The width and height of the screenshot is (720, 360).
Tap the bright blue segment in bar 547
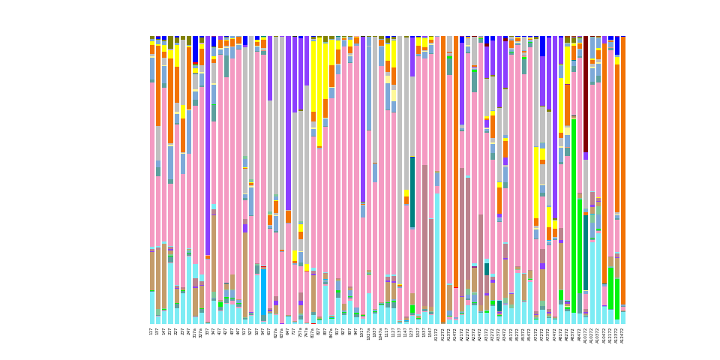click(264, 292)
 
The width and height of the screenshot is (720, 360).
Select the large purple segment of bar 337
click(208, 150)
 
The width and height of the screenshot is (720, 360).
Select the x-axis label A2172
click(462, 334)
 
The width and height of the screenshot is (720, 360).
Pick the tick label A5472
click(530, 334)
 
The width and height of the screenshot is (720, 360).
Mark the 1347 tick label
click(431, 331)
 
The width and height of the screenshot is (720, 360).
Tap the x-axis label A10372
click(598, 335)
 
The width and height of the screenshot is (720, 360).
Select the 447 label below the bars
click(238, 331)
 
